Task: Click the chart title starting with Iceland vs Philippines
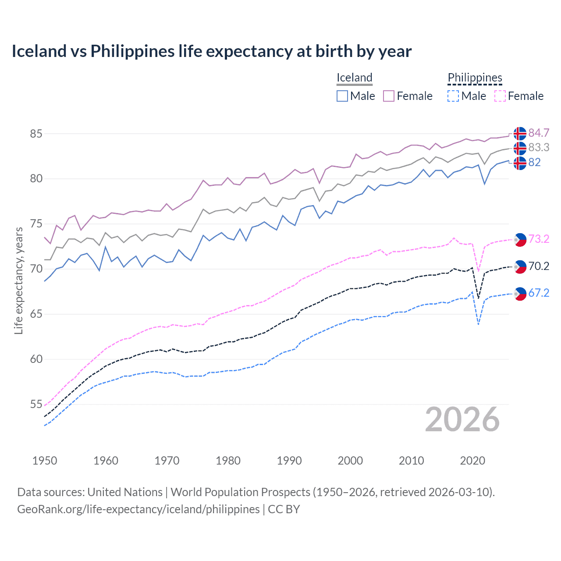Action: coord(211,51)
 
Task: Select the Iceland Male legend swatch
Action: coord(342,96)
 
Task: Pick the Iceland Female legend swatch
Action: coord(389,96)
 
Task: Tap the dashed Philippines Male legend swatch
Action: coord(453,96)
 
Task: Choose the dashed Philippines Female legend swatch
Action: coord(500,96)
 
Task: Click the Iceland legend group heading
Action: coord(354,78)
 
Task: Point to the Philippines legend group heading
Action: coord(475,78)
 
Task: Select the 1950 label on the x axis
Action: coord(45,461)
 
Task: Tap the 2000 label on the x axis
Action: coord(350,461)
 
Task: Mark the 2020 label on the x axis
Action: coord(472,461)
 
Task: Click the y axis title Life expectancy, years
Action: coord(18,280)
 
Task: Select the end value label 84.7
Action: coord(539,133)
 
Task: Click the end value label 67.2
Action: coord(539,293)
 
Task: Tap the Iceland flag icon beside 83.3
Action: coord(520,148)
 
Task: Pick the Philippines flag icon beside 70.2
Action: coord(520,266)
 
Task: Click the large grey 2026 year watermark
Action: coord(462,419)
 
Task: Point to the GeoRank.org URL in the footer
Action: coord(138,509)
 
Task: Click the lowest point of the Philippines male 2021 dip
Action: coord(478,325)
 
